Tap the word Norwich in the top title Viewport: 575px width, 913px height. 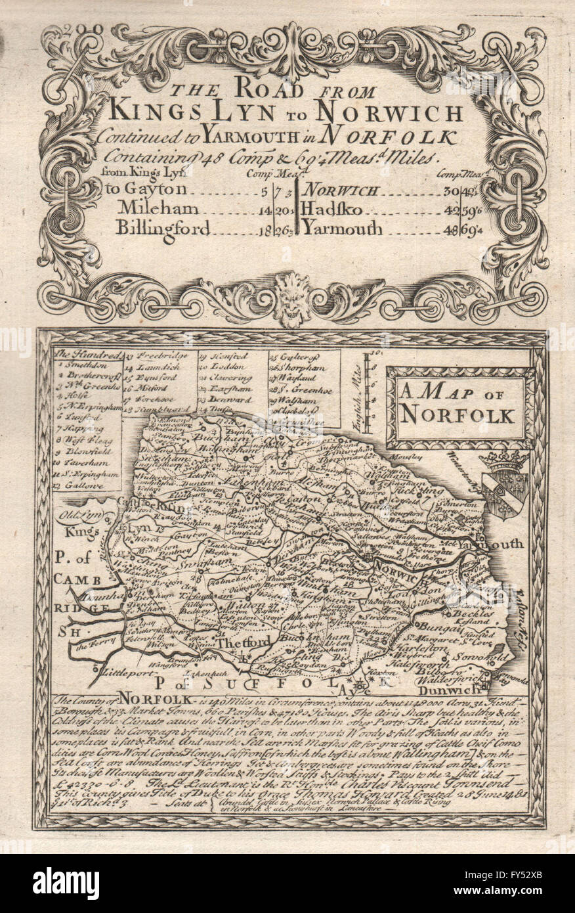point(398,113)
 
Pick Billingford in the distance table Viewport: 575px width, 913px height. point(163,229)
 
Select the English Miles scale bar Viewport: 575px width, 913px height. point(367,391)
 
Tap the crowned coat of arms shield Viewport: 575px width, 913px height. point(504,486)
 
